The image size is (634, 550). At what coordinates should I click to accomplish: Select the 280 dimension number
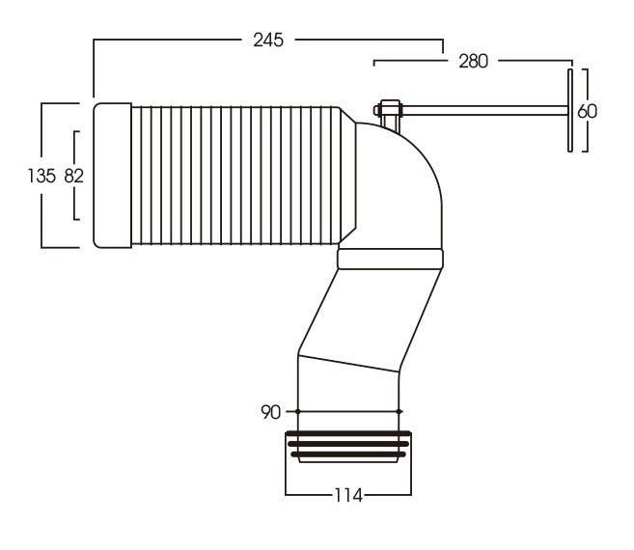click(473, 61)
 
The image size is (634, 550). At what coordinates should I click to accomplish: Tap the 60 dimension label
click(587, 111)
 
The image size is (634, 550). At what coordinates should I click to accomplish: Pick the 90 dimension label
click(271, 413)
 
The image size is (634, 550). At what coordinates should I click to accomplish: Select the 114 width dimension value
click(348, 495)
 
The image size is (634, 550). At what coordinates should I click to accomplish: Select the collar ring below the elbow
click(390, 259)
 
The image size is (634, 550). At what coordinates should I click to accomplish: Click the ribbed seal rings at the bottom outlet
click(348, 447)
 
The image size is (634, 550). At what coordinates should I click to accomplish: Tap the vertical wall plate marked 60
click(570, 109)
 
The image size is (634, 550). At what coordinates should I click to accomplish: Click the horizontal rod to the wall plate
click(482, 111)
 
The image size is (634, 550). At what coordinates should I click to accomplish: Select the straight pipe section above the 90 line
click(348, 386)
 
